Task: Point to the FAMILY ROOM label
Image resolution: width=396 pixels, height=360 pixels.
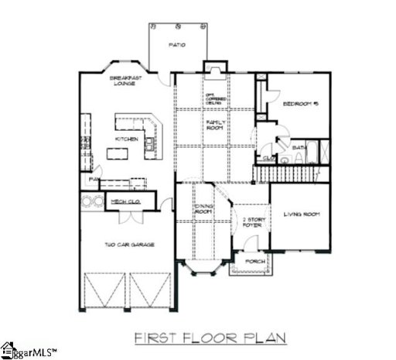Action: [214, 125]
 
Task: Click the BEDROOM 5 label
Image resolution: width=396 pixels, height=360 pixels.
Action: [301, 104]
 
